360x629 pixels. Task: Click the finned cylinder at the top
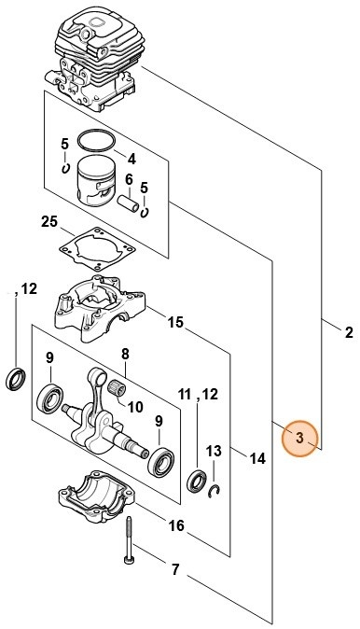[x=94, y=60]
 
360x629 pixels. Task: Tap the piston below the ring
[x=96, y=180]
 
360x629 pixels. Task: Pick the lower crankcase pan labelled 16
[x=96, y=496]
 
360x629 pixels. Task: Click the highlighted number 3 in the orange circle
[x=300, y=438]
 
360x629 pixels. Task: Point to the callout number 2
[x=349, y=332]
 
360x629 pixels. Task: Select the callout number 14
[x=257, y=458]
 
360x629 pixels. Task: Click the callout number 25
[x=49, y=221]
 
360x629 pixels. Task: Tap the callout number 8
[x=125, y=354]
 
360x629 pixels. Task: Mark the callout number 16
[x=177, y=525]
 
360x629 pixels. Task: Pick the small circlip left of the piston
[x=65, y=168]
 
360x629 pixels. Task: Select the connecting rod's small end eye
[x=99, y=376]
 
